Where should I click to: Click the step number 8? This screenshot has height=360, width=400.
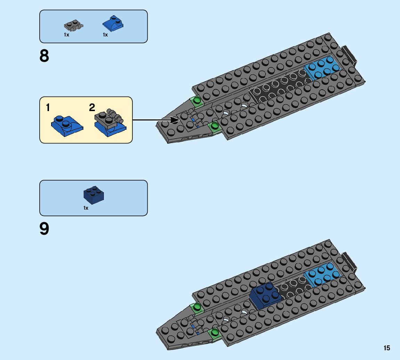point(44,56)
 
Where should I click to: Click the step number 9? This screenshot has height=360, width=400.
point(44,229)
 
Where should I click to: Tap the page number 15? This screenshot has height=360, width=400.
point(387,348)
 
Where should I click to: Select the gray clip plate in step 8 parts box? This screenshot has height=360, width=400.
point(73,25)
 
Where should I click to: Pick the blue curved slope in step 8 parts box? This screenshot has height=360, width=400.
point(113,23)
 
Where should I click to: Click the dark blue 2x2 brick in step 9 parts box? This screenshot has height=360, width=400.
point(94,195)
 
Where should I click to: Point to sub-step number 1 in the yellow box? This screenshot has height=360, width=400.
point(48,108)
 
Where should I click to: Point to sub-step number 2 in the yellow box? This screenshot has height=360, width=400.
point(92,108)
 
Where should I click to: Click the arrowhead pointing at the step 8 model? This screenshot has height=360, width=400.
point(175,120)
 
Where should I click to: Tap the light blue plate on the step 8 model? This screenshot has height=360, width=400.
point(322,68)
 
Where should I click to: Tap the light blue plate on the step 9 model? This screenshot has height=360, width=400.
point(322,274)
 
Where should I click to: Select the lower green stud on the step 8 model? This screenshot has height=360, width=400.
point(214,125)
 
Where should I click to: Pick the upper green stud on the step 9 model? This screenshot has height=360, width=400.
point(197,307)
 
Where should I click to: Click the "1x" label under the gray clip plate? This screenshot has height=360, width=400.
point(66,35)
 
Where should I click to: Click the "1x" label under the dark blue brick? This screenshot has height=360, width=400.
point(86,208)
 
